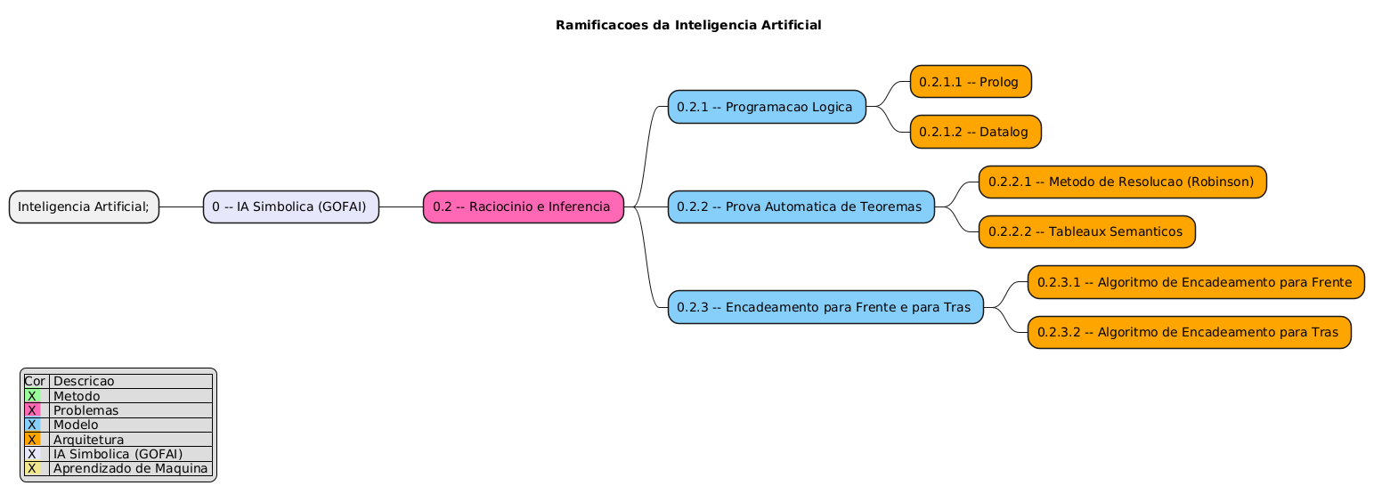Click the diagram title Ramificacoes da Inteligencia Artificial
point(687,25)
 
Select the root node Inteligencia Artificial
point(85,206)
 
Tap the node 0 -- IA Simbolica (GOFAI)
point(290,206)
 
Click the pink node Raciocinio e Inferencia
point(523,206)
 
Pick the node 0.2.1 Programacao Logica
point(766,107)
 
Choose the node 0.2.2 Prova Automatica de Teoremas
point(801,206)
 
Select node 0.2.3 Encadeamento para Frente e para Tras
point(825,307)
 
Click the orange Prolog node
point(970,82)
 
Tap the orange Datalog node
point(974,132)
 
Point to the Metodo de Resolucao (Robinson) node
point(1122,182)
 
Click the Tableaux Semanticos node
point(1086,231)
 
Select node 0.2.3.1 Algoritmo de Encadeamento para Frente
point(1195,282)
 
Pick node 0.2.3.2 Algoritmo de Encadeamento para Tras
point(1188,332)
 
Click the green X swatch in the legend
point(32,396)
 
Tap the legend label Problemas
point(85,410)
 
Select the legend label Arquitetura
point(88,440)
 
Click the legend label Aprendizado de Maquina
point(130,468)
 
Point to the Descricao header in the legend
point(84,381)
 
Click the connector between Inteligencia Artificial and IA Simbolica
point(181,206)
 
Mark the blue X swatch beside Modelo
point(32,425)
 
